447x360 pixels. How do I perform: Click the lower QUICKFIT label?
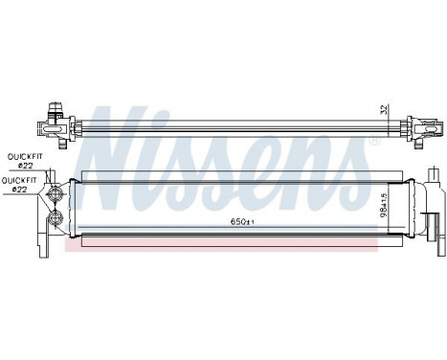click(22, 178)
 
